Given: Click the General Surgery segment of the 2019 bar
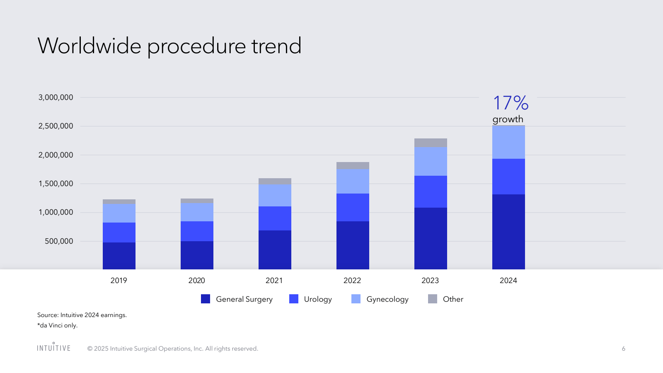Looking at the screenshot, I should click(x=119, y=256).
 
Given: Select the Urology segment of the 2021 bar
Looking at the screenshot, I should click(x=275, y=218).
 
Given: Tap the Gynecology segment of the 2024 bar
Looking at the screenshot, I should click(x=508, y=142).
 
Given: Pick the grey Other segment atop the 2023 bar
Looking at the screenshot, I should click(x=431, y=143).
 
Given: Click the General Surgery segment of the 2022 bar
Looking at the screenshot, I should click(x=353, y=245).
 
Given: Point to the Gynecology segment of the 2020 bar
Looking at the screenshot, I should click(x=197, y=212).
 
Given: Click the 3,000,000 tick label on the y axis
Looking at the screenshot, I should click(x=56, y=97).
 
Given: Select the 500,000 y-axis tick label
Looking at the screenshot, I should click(x=59, y=241).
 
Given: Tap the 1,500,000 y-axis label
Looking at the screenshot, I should click(x=56, y=184).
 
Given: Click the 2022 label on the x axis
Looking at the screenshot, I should click(x=352, y=281).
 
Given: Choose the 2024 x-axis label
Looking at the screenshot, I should click(x=508, y=281).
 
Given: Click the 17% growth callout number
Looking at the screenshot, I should click(x=511, y=103).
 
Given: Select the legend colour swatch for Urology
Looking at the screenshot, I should click(x=294, y=299).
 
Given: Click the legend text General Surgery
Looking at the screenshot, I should click(x=244, y=299).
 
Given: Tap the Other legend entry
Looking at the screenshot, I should click(x=453, y=299).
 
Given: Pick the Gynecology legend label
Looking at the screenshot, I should click(x=387, y=299).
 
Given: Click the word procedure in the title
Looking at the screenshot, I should click(x=196, y=46).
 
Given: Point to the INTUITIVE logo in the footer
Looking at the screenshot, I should click(x=54, y=348).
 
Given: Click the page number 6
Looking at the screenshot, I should click(x=623, y=349).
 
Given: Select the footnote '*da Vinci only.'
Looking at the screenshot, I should click(x=58, y=325).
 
